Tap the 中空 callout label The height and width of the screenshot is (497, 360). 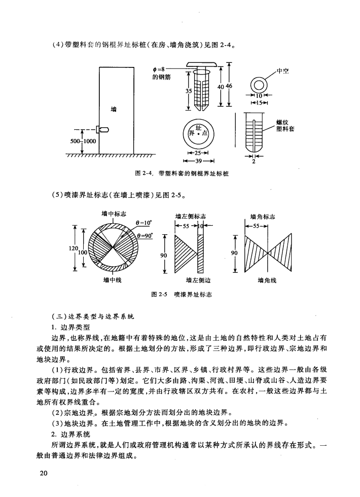[x=282, y=70]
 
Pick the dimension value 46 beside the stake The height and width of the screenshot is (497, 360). [x=228, y=86]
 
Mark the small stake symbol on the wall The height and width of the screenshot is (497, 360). [x=103, y=129]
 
